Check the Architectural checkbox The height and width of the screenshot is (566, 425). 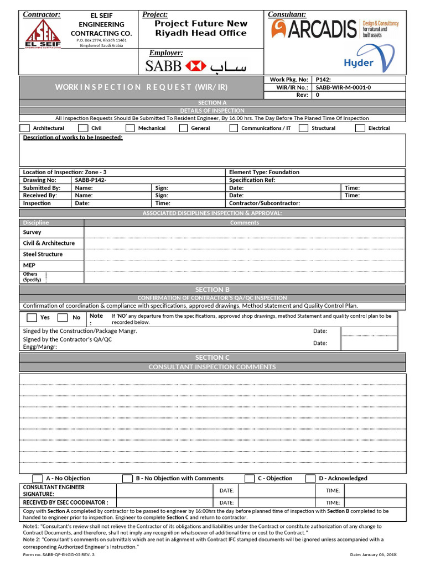point(25,128)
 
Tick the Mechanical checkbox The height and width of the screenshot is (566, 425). point(130,128)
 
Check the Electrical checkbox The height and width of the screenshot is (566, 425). point(360,128)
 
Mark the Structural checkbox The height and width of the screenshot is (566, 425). point(303,128)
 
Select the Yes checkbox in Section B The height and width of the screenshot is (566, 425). point(32,318)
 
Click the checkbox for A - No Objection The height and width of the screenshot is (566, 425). point(38,479)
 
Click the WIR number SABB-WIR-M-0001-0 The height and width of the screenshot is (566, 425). point(343,87)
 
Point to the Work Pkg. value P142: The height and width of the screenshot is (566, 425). point(323,80)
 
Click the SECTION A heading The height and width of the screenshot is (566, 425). point(212,103)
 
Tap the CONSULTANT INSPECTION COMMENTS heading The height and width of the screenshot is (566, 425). point(212,367)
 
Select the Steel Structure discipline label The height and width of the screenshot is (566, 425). point(43,254)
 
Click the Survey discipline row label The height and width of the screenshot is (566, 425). point(32,233)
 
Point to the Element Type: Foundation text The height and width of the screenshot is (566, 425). point(264,172)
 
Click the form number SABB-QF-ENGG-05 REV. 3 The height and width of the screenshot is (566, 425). point(59,554)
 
